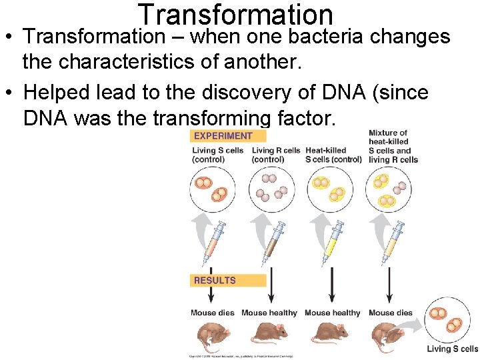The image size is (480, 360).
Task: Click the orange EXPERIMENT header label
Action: coord(223,136)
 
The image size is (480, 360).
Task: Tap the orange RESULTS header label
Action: coord(215,281)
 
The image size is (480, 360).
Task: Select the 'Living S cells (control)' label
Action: coord(217,155)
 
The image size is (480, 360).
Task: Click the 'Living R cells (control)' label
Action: coord(276,155)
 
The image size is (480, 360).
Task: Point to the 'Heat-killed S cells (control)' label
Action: coord(333,155)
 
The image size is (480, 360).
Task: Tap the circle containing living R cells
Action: coord(271,189)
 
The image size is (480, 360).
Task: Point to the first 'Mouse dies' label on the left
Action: coord(212,313)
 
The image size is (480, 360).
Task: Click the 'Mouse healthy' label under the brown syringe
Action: coord(269,313)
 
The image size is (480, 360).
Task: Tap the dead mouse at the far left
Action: coord(210,336)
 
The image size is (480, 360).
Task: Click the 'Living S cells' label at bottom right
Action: coord(452,349)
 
